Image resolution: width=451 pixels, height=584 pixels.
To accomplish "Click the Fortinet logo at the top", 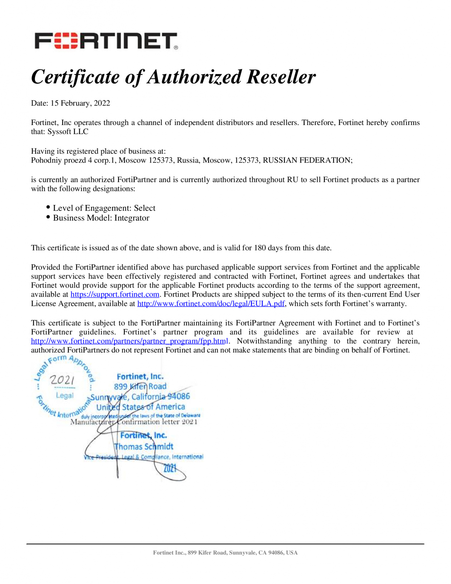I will tap(106, 41).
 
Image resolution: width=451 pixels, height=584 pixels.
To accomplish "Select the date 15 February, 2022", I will tap(80, 103).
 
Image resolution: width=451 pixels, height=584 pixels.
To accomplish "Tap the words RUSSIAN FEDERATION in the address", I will tap(307, 160).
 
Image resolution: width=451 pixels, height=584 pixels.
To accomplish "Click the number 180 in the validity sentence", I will tap(260, 248).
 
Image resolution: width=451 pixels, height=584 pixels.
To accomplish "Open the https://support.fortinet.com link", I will tap(115, 295).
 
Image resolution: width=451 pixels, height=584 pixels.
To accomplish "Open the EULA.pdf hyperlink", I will tap(211, 304).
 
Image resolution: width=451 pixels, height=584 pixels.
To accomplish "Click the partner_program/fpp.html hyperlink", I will tap(129, 341).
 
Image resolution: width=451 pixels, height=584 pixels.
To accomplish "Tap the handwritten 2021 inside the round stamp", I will tap(62, 379).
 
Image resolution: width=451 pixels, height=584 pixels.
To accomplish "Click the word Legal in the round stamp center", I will tap(64, 396).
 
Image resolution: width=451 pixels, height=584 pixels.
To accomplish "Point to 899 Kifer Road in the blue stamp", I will tap(140, 386).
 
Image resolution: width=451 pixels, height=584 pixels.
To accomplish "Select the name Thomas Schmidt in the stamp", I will tap(144, 446).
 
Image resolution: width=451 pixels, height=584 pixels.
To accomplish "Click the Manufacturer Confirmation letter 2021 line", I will tap(134, 422).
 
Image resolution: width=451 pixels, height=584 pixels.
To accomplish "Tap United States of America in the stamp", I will tap(141, 407).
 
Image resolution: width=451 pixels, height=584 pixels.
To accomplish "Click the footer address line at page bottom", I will tap(225, 552).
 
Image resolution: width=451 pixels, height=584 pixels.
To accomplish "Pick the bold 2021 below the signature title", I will tap(170, 468).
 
